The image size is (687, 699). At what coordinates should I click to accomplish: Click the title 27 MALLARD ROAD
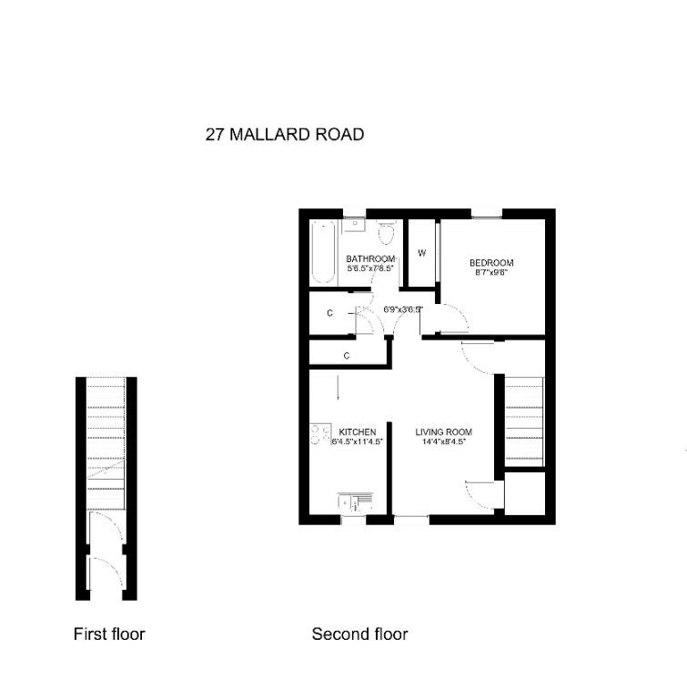coord(285,135)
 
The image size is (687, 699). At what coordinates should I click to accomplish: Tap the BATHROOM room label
coord(370,259)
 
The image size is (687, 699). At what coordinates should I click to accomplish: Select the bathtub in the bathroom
coord(322,252)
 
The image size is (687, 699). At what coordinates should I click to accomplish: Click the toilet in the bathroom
coord(387,232)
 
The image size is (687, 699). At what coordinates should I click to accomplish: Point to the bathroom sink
coord(355,225)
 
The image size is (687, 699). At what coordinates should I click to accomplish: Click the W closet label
coord(421,253)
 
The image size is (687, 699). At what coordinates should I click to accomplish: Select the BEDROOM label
coord(491,263)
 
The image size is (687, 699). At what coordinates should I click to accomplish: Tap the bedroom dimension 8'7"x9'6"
coord(491,272)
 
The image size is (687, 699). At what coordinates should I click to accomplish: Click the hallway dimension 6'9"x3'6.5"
coord(402,309)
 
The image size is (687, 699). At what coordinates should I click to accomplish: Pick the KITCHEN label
coord(358,432)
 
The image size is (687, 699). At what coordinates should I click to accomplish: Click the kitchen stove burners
coord(320,434)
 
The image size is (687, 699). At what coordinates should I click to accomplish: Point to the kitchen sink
coord(355,503)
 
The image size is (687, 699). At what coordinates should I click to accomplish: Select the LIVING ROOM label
coord(443,432)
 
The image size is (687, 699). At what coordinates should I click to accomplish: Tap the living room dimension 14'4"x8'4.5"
coord(443,441)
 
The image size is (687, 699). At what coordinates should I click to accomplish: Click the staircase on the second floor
coord(524,421)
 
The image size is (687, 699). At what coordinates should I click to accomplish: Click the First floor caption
coord(109,633)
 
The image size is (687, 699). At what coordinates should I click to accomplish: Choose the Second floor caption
coord(359,633)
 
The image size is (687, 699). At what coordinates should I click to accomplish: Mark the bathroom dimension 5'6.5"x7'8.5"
coord(370,268)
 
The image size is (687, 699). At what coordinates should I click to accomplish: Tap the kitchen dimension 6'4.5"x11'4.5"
coord(358,441)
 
